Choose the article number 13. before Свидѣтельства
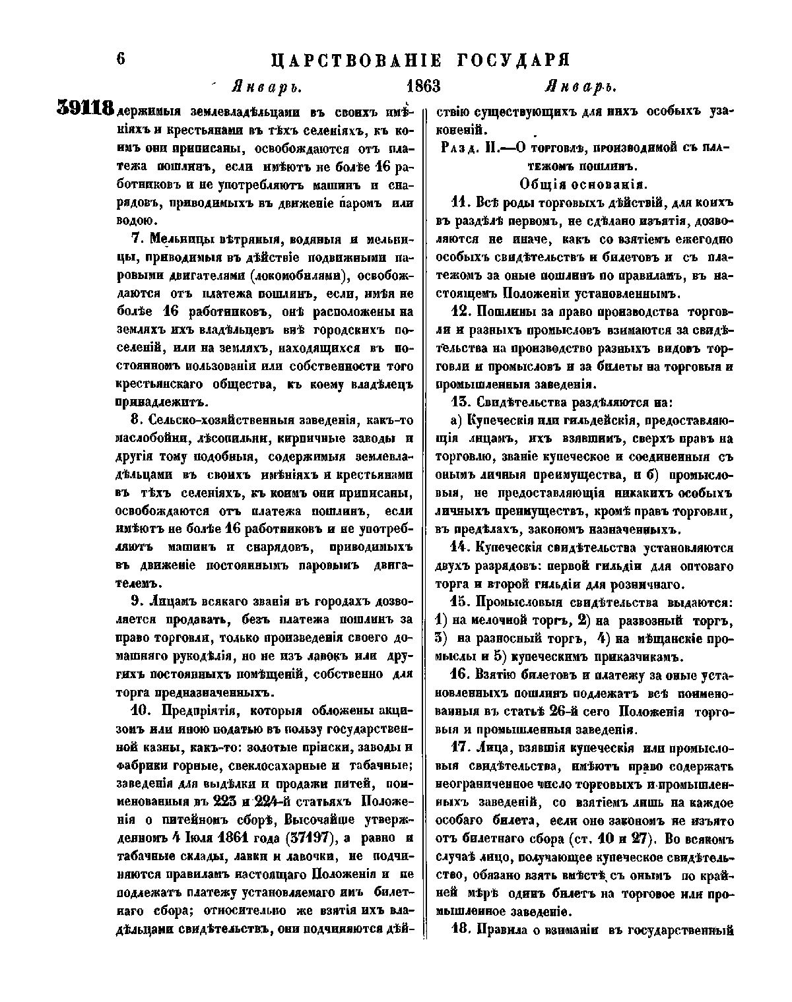pyautogui.click(x=458, y=401)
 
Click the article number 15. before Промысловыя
pyautogui.click(x=458, y=602)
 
